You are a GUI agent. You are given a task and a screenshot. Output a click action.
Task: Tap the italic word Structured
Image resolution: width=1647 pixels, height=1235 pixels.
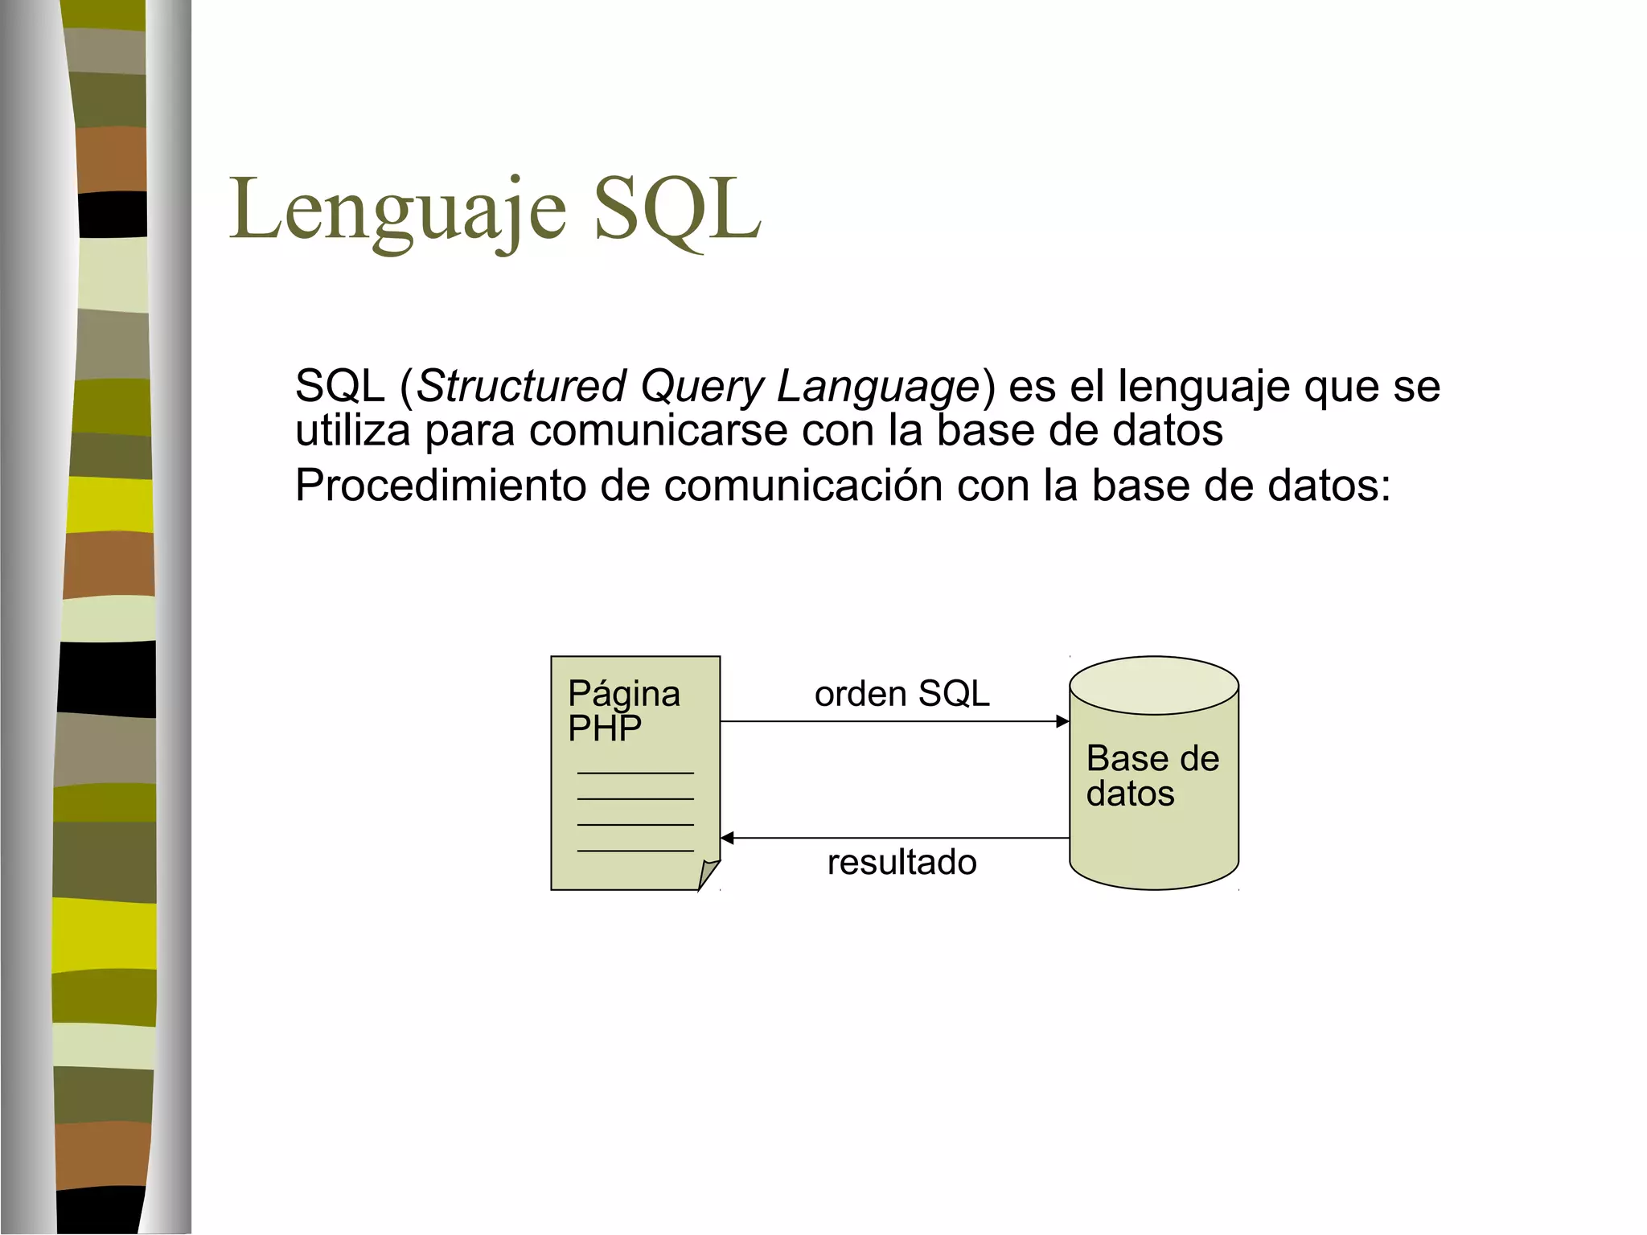coord(521,386)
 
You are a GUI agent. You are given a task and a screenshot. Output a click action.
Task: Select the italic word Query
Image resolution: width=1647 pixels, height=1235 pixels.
coord(701,386)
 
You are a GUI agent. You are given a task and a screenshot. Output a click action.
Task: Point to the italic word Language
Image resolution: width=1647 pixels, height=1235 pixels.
coord(877,386)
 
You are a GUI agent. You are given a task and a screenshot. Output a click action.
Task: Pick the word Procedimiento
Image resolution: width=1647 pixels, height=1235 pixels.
coord(439,486)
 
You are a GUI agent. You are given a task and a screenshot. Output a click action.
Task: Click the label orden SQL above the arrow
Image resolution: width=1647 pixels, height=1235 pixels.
coord(902,693)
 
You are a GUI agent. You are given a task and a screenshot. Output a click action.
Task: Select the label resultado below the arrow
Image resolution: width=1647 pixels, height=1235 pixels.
coord(902,862)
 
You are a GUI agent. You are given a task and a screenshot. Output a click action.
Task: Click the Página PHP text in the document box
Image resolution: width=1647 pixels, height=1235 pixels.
coord(623,711)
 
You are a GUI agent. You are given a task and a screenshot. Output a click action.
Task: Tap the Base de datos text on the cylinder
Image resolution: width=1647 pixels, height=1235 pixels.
coord(1152,776)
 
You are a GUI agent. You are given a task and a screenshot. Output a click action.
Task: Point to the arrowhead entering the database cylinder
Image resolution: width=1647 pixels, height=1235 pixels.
coord(1063,721)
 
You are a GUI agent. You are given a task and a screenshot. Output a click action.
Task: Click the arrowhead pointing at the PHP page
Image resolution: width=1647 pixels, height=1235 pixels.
coord(727,838)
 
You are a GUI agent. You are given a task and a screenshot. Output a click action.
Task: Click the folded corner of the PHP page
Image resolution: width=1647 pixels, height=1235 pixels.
coord(708,873)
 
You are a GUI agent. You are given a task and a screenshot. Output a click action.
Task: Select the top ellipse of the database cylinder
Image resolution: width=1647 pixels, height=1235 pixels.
coord(1154,685)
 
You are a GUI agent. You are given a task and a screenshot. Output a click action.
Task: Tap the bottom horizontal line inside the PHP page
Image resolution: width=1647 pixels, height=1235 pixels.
coord(635,851)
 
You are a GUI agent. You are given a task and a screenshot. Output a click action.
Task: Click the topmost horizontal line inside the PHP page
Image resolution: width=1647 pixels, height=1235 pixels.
coord(635,773)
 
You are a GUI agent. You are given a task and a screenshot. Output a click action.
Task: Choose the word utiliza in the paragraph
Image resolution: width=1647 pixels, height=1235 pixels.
coord(352,431)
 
